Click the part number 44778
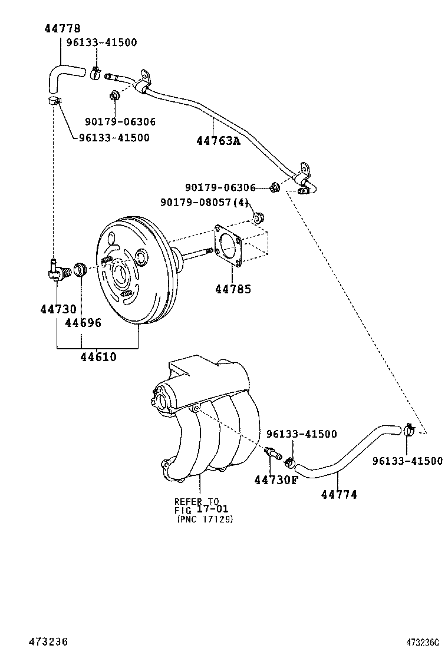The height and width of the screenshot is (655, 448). pos(62,28)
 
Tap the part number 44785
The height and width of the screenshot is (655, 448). pos(232,289)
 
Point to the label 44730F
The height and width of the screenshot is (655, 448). pos(276,480)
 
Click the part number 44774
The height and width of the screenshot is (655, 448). pos(339,495)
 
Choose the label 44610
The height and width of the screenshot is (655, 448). pos(98,356)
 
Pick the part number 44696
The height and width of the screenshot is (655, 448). pos(83,323)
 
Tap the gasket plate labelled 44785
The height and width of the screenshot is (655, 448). pos(229,244)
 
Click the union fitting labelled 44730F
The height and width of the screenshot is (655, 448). pos(272,454)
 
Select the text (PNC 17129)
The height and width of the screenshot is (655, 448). pos(204,519)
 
